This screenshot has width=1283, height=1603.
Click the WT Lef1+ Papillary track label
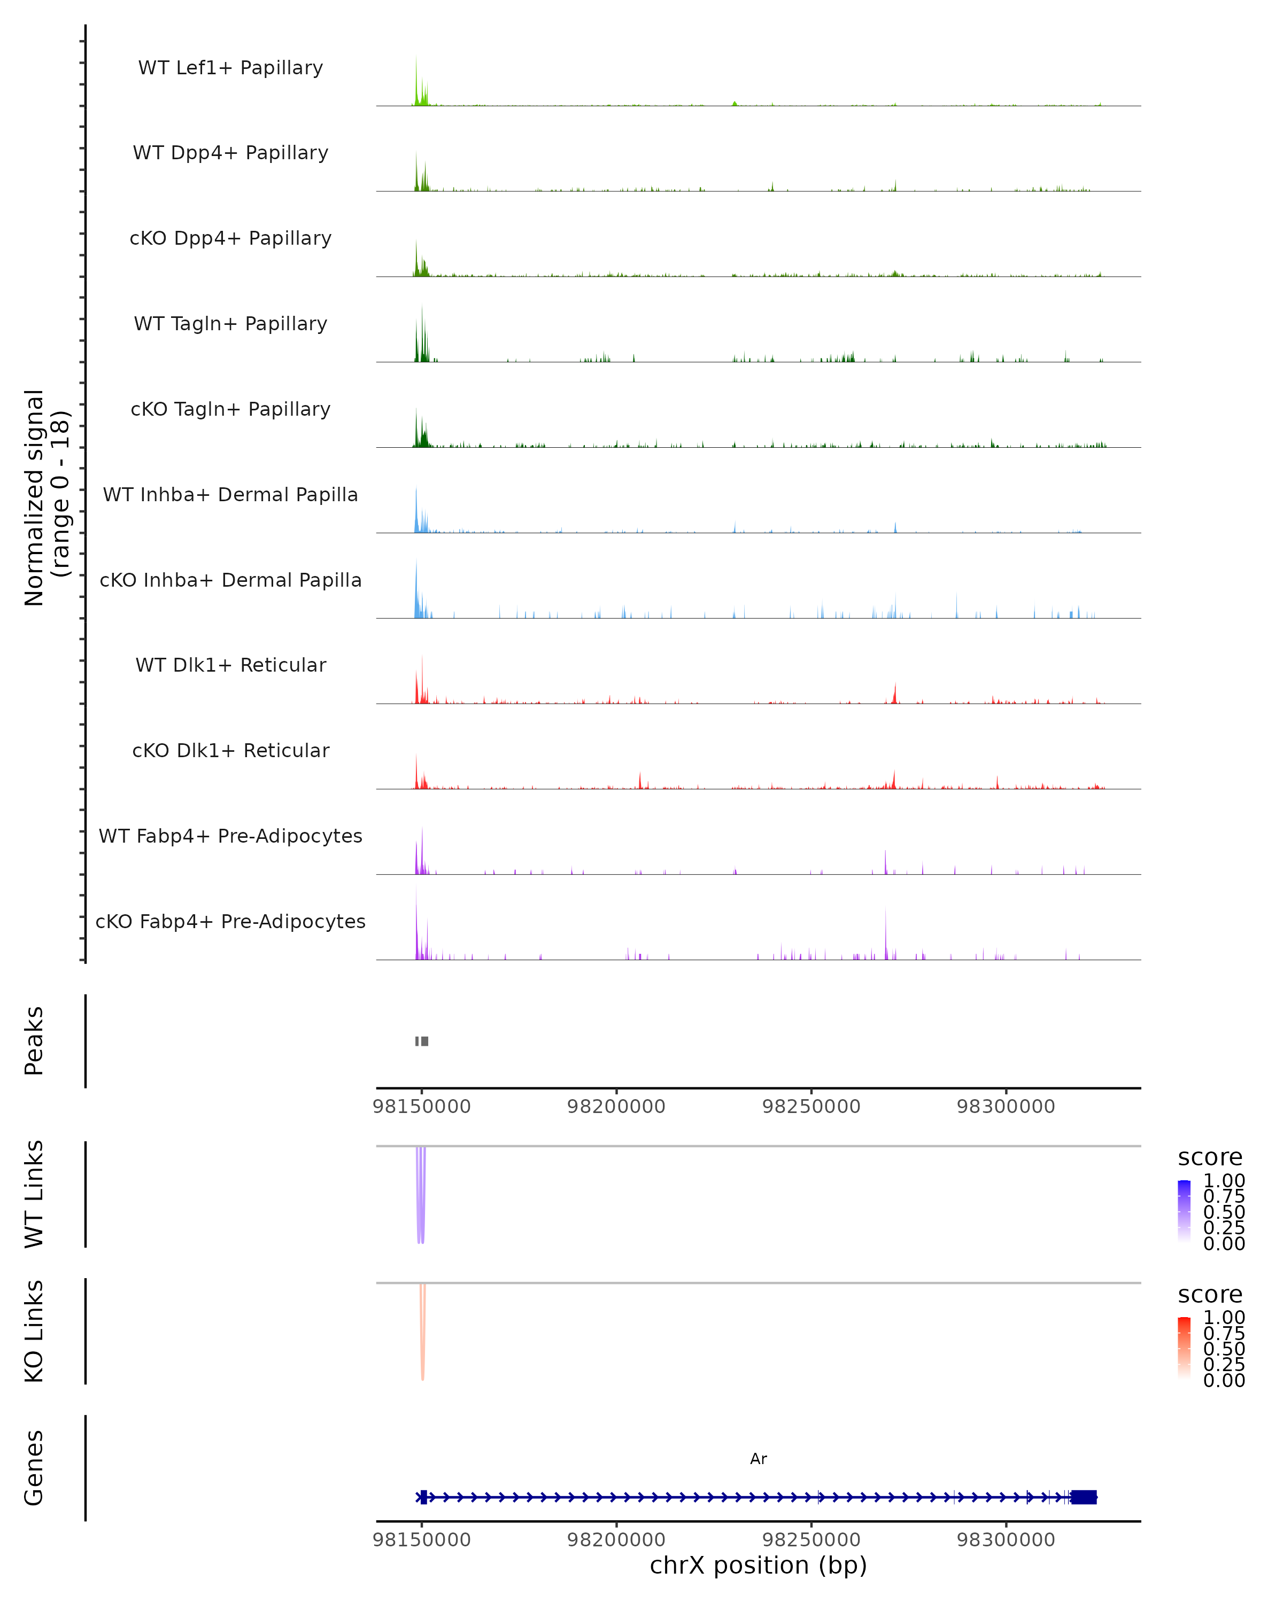230,68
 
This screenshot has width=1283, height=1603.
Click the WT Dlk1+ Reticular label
230,665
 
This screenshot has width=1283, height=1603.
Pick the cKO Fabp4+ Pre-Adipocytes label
230,921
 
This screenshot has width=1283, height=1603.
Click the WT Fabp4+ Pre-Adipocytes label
230,836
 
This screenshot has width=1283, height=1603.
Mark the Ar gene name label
758,1459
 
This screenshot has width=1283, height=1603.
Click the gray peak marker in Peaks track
422,1041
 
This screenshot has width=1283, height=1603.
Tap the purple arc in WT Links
421,1197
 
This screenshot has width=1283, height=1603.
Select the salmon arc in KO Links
422,1335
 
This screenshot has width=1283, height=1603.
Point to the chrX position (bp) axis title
758,1565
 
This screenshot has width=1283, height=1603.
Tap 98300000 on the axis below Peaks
1006,1107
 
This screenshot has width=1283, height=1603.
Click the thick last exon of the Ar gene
1084,1497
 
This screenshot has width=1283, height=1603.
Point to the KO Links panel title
34,1331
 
